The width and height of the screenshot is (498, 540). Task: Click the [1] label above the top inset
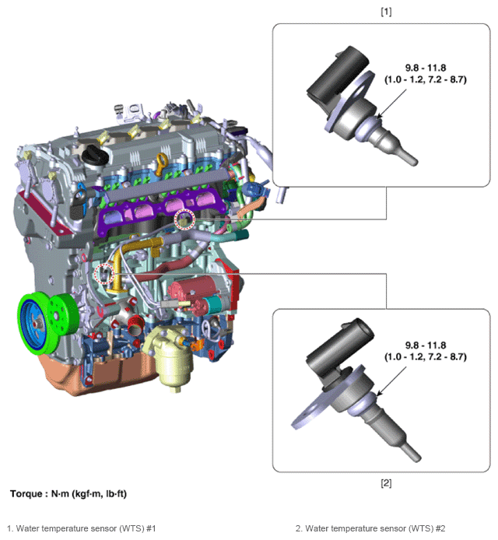(x=386, y=12)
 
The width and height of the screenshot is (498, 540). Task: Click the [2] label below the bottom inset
(x=386, y=483)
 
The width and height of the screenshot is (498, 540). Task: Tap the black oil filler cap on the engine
(x=95, y=155)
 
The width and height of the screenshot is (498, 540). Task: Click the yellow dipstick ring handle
(x=162, y=164)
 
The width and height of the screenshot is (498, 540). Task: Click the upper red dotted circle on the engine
(x=184, y=219)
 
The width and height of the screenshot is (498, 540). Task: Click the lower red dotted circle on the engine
(x=104, y=274)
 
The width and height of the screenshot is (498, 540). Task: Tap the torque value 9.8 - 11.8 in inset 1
(x=426, y=68)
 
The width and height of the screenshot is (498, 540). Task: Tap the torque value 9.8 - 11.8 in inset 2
(x=426, y=345)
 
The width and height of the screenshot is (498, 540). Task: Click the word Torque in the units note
(x=26, y=494)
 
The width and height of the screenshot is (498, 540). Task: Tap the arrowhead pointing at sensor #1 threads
(x=379, y=116)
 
